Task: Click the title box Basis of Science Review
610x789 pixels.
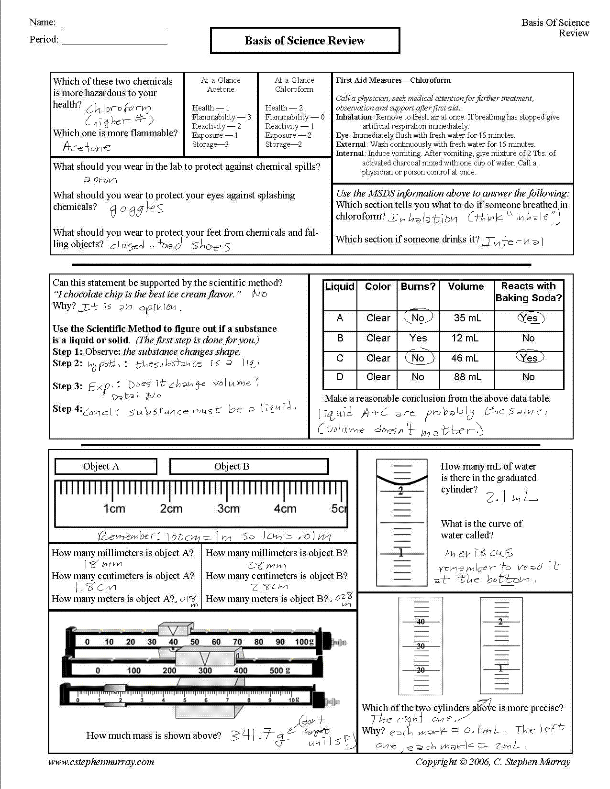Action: pyautogui.click(x=305, y=41)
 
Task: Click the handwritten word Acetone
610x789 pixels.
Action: pyautogui.click(x=87, y=147)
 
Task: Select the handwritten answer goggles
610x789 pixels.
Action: pyautogui.click(x=136, y=209)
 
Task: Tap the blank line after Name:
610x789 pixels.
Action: pyautogui.click(x=115, y=23)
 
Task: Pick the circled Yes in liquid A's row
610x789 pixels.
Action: pyautogui.click(x=529, y=318)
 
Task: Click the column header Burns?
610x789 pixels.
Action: pyautogui.click(x=418, y=286)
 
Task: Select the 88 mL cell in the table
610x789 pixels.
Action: pyautogui.click(x=467, y=377)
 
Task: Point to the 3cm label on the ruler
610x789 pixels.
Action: pyautogui.click(x=228, y=509)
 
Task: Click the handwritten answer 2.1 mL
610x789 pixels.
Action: pyautogui.click(x=511, y=497)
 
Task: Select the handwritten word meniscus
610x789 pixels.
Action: pyautogui.click(x=479, y=553)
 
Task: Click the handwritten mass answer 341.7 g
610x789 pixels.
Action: pyautogui.click(x=259, y=735)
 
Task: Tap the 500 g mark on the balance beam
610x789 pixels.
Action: pyautogui.click(x=279, y=670)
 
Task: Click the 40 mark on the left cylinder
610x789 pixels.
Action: pyautogui.click(x=421, y=622)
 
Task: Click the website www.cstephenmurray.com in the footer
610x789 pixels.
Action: pyautogui.click(x=101, y=762)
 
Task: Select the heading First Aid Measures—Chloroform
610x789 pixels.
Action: pyautogui.click(x=393, y=80)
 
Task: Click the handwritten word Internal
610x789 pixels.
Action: pyautogui.click(x=512, y=241)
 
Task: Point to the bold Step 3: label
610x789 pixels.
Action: pyautogui.click(x=67, y=386)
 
